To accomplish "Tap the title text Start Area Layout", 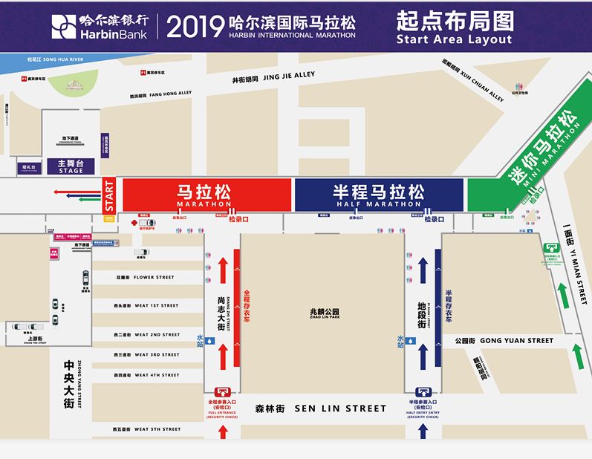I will pos(454,39).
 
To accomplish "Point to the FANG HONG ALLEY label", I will pos(160,94).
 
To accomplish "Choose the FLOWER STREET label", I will pos(146,277).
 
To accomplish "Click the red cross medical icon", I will pos(134,222).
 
